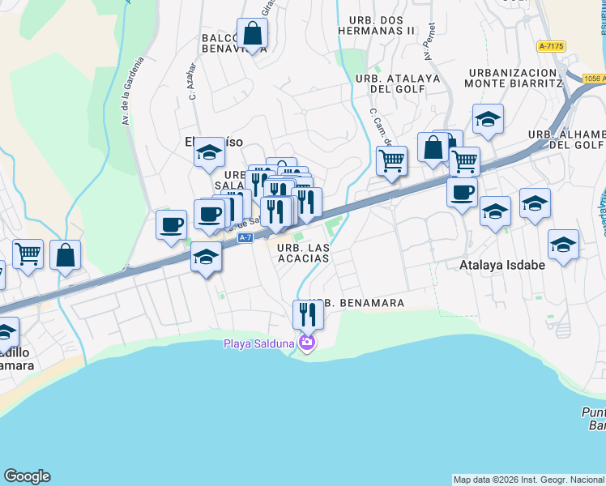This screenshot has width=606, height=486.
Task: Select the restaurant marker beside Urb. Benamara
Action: point(308,313)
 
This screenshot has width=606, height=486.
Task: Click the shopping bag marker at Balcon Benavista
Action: point(253,35)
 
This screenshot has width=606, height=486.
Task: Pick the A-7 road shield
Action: point(246,237)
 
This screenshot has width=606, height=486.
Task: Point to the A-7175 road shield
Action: point(551,47)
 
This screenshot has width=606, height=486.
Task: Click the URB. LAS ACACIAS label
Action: point(303,253)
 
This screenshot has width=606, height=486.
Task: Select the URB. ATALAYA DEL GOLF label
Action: point(397,83)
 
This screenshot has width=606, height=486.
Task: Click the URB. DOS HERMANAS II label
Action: point(382,24)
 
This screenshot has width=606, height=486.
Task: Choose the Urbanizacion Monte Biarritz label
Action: point(514,78)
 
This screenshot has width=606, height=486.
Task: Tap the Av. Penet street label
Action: point(429,46)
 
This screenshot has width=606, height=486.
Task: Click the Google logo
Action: point(27,476)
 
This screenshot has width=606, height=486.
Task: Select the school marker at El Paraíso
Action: point(209,151)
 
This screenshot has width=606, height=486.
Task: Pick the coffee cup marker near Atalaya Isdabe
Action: point(462,194)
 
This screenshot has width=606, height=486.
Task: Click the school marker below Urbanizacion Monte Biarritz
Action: point(488,120)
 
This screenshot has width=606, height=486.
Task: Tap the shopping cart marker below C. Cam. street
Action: point(391,161)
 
